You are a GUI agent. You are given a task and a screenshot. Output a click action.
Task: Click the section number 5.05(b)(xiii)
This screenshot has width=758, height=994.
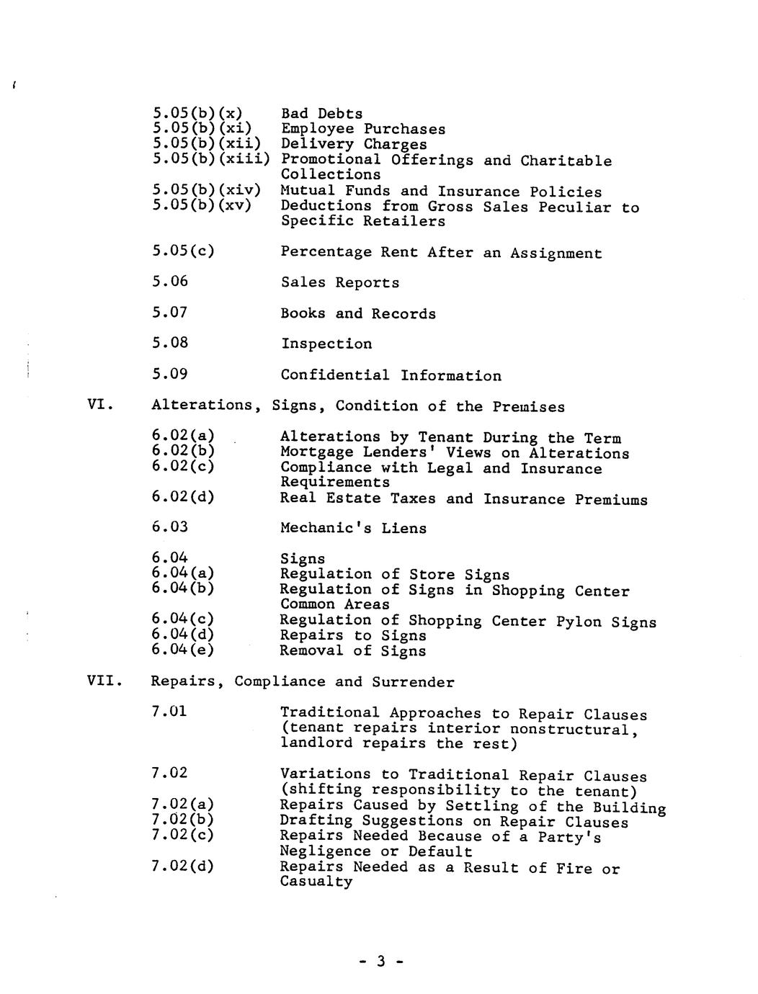(210, 159)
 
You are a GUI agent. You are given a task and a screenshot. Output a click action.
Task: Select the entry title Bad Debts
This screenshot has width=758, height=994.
(321, 114)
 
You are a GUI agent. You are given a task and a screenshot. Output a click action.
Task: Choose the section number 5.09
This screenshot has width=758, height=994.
(170, 375)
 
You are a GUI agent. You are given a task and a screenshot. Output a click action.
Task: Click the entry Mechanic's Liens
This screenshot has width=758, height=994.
(353, 529)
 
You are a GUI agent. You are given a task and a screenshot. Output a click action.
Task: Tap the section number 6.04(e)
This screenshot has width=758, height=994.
(183, 650)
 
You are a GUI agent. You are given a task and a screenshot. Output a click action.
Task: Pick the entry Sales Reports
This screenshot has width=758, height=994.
(339, 283)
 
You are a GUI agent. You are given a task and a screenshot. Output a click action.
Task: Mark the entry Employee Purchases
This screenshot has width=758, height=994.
(363, 130)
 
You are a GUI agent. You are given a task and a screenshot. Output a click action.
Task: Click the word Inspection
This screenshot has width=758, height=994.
(326, 344)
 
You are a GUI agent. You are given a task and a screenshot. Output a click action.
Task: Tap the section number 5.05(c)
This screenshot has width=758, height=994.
(183, 252)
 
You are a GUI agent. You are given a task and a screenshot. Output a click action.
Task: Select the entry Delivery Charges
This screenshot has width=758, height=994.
(354, 145)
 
